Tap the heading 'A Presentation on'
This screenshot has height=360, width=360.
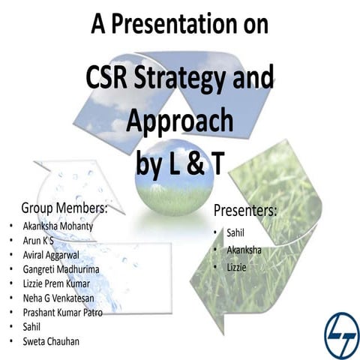coord(180,25)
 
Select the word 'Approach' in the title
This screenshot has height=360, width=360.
coord(180,119)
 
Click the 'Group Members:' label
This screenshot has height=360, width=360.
coord(64,206)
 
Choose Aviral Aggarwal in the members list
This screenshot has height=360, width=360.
coord(55,254)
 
